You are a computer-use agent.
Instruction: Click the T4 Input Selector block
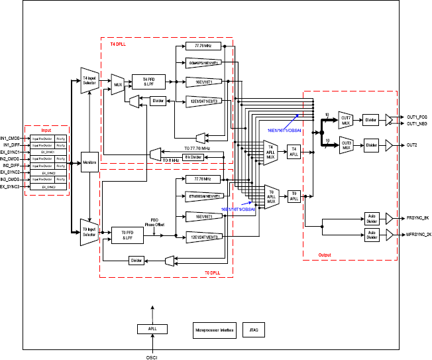point(89,82)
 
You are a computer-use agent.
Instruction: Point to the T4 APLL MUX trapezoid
point(270,151)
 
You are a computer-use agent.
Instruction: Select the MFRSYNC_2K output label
point(417,234)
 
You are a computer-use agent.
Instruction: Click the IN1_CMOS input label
point(12,137)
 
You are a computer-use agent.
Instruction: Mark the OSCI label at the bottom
point(152,357)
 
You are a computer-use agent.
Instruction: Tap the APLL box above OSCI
point(152,329)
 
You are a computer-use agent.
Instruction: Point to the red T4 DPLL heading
point(118,44)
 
